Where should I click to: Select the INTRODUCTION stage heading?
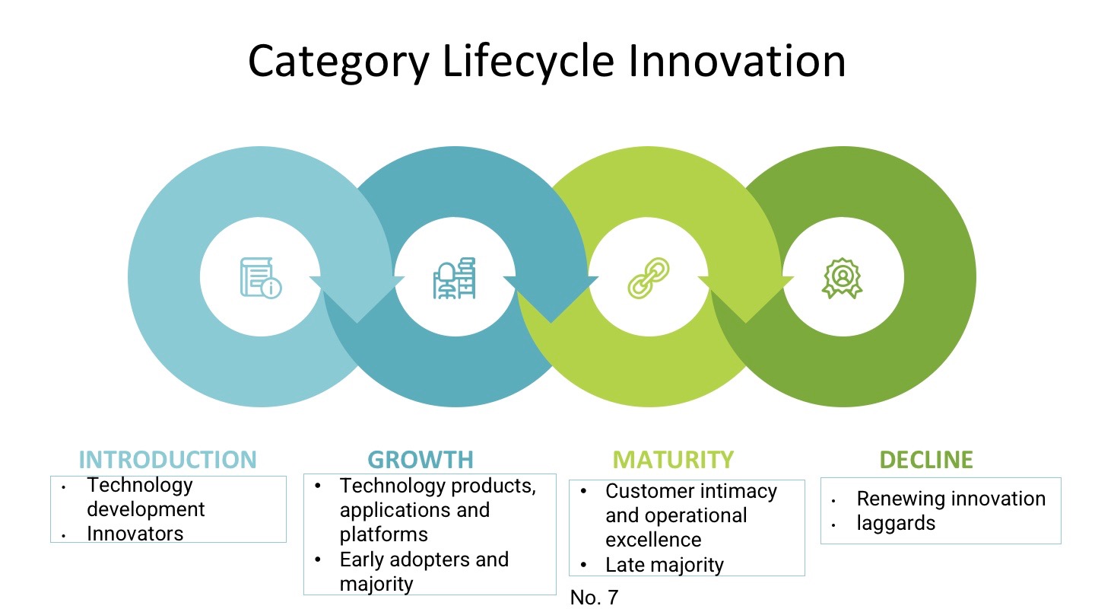coord(168,460)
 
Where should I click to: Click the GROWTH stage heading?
coord(421,460)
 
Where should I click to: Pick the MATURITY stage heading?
coord(673,460)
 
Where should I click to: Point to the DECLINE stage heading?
coord(926,460)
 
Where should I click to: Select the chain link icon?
coord(649,278)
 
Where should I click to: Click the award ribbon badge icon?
coord(843,278)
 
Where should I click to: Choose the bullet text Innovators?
coord(135,534)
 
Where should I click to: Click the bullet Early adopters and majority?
coord(424,571)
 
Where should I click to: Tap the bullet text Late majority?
coord(664,565)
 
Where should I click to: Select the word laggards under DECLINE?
coord(896,523)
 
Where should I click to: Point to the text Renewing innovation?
coord(951,499)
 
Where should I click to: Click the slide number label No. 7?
coord(594,598)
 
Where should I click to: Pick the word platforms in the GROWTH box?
coord(383,534)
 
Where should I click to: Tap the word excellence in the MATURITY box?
coord(652,540)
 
